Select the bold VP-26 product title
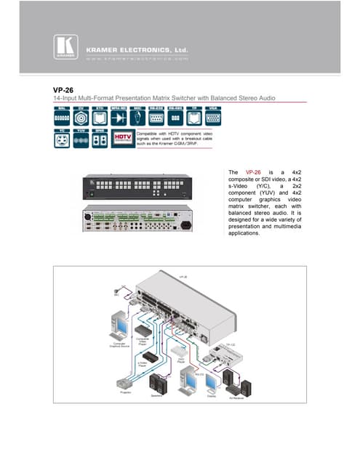pos(54,90)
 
